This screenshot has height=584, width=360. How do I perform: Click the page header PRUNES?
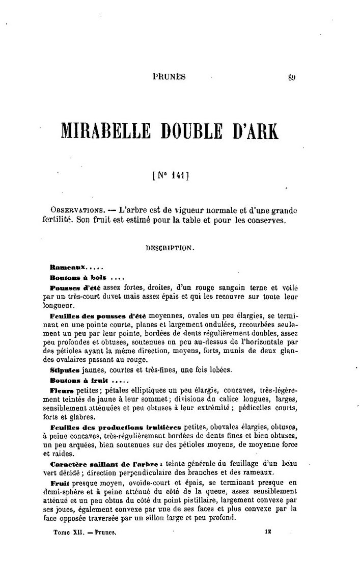tap(169, 77)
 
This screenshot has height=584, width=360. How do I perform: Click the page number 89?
tap(291, 77)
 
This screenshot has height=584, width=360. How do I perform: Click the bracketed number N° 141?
tap(171, 178)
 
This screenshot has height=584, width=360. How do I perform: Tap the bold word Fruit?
tap(61, 483)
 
